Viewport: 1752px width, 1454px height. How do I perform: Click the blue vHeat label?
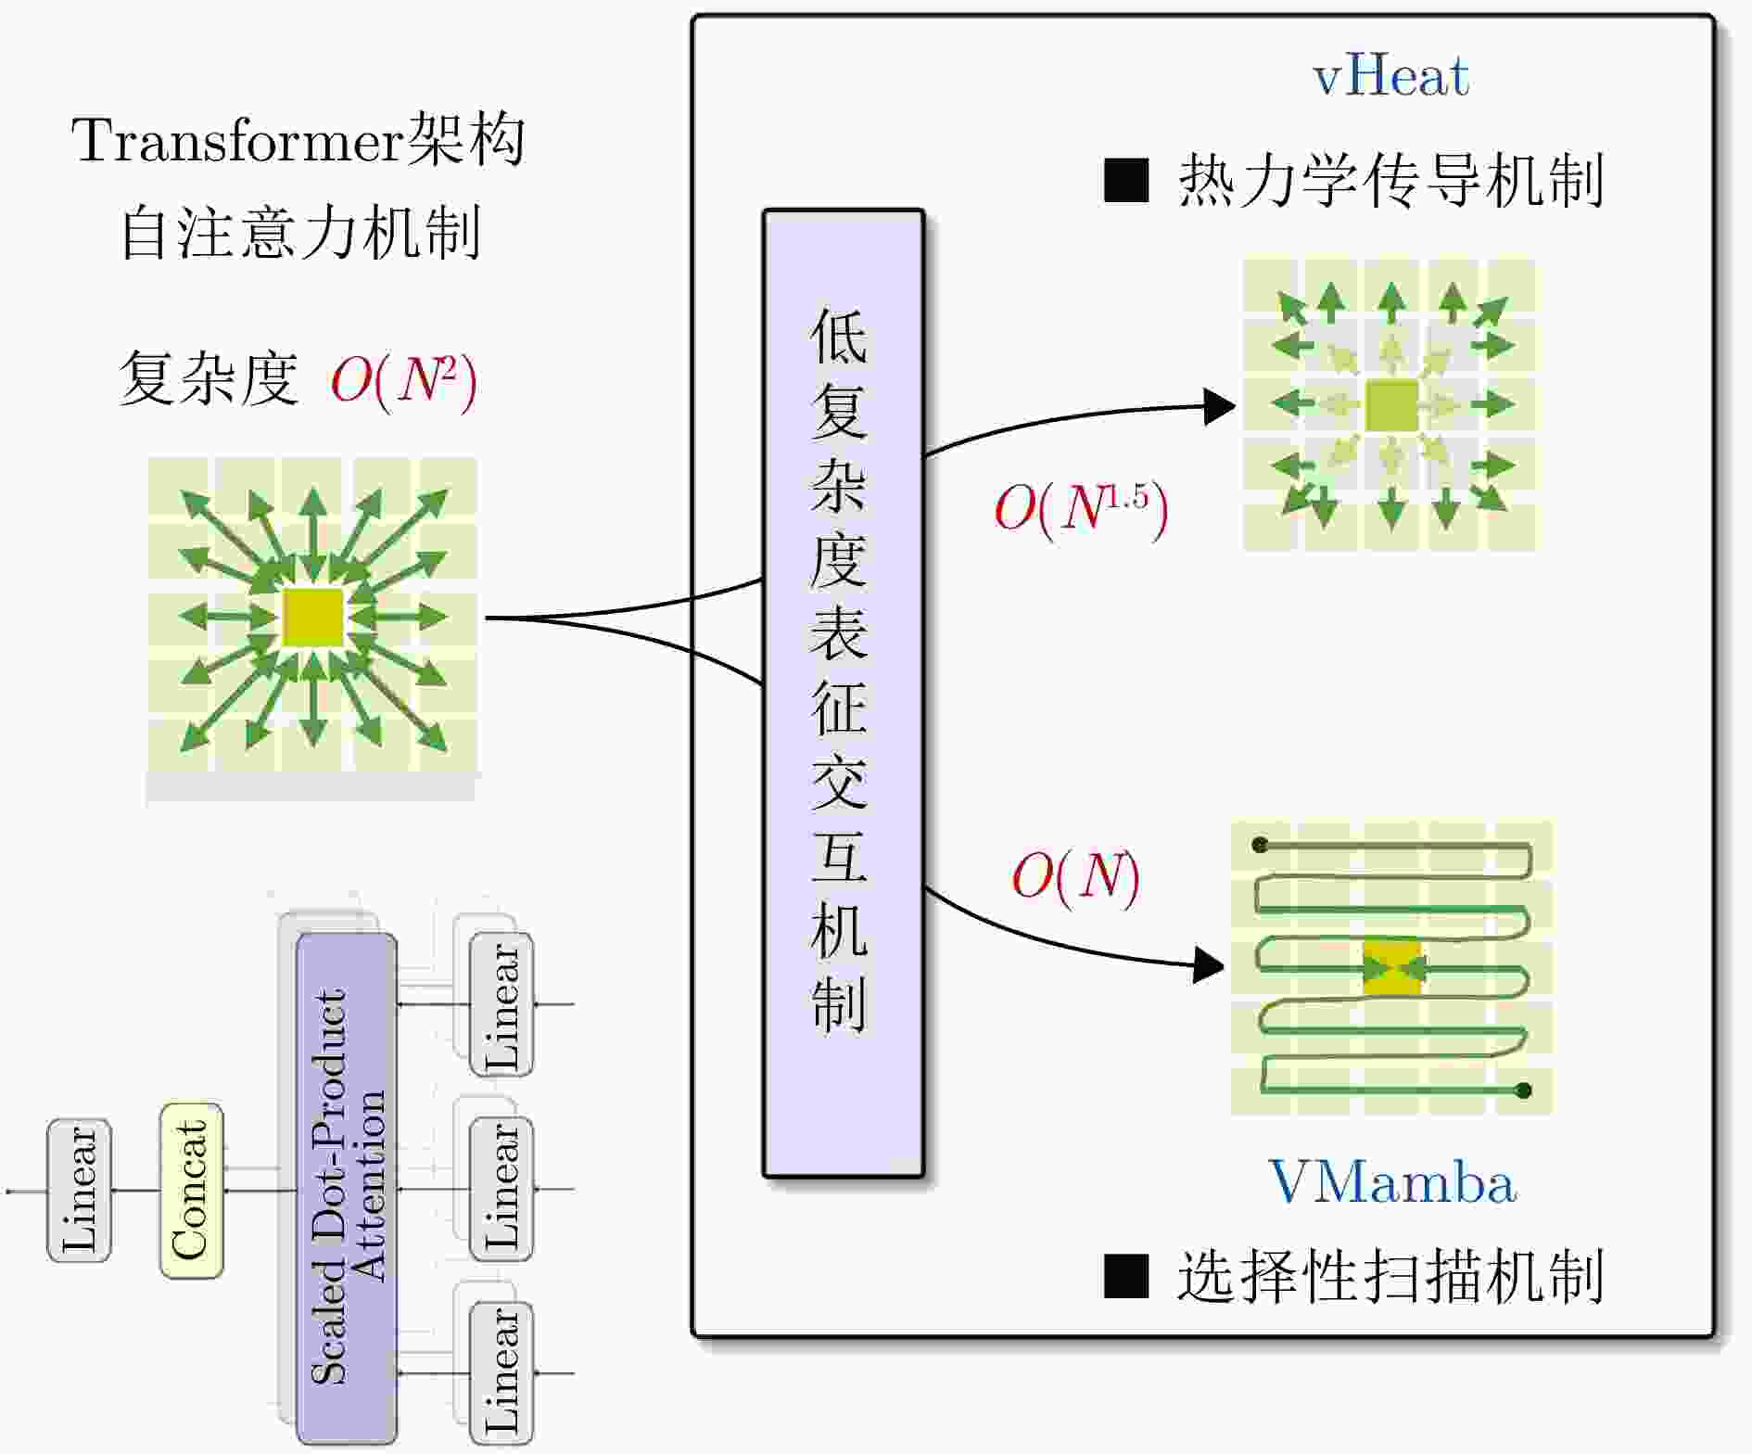[x=1390, y=76]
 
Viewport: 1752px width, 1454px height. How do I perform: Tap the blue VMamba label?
[x=1391, y=1183]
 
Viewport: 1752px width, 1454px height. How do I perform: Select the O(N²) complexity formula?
[x=404, y=380]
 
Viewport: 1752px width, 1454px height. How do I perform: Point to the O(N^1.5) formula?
[x=1081, y=509]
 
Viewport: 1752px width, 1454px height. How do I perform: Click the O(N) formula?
[x=1075, y=876]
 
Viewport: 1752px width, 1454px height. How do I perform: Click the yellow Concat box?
[x=192, y=1191]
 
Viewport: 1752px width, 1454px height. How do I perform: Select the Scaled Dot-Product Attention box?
[x=347, y=1187]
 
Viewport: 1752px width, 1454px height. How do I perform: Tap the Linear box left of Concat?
[x=80, y=1190]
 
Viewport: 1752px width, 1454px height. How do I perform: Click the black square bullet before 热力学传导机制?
[x=1126, y=181]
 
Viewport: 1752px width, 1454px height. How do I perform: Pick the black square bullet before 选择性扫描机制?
[x=1126, y=1276]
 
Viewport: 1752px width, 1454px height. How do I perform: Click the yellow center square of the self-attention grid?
[x=312, y=617]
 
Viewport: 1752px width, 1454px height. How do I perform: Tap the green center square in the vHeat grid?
[x=1391, y=405]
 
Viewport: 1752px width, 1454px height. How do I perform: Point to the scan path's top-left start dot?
[x=1259, y=845]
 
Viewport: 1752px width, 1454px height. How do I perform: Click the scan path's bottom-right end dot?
[x=1523, y=1090]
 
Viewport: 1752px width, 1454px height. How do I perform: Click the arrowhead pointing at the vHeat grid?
[x=1218, y=406]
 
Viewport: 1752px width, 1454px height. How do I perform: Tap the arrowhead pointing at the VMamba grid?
[x=1208, y=964]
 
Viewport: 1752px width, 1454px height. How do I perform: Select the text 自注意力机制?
[x=300, y=233]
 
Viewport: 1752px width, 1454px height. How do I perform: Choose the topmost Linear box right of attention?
[x=501, y=1005]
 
